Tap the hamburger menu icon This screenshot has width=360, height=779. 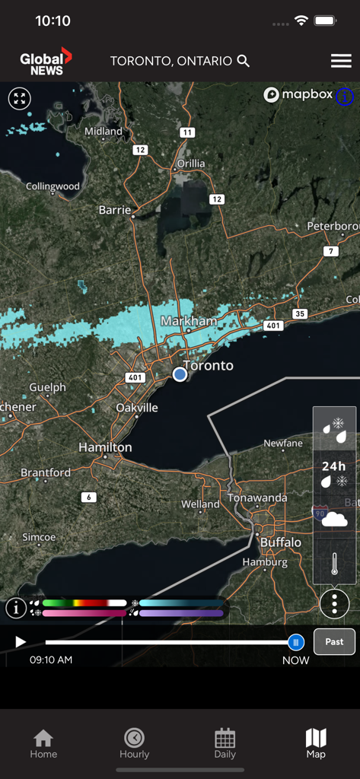[341, 61]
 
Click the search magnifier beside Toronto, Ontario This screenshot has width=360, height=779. [244, 61]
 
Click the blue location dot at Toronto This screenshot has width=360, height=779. [180, 374]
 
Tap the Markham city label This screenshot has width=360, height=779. [189, 321]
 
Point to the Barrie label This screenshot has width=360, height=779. [115, 210]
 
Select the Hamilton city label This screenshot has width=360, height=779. [105, 447]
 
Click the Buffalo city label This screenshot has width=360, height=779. [281, 542]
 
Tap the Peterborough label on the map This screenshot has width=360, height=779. [333, 226]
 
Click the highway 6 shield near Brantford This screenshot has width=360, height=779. [89, 497]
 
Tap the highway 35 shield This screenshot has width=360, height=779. [300, 313]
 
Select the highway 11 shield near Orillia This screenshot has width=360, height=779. [187, 132]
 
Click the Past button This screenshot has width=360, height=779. [335, 641]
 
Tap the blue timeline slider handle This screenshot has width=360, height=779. [296, 642]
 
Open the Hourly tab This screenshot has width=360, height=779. [134, 743]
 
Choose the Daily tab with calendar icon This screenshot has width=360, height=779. [225, 743]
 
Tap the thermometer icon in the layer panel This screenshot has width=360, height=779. [334, 564]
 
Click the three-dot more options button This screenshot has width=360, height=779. [334, 604]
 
